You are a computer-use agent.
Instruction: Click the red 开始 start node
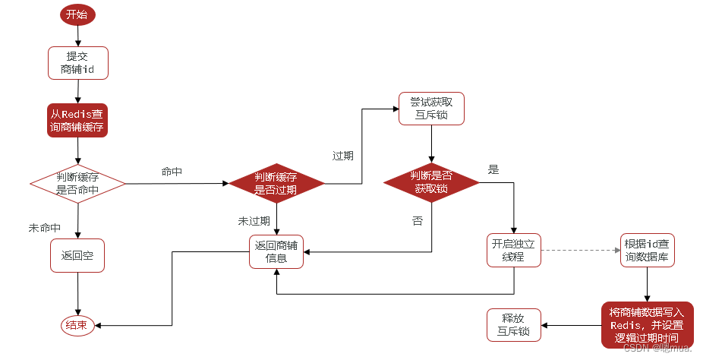click(77, 15)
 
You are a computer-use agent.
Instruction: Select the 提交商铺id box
click(77, 63)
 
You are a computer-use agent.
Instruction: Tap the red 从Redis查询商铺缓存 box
click(77, 120)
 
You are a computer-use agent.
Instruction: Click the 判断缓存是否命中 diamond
click(77, 184)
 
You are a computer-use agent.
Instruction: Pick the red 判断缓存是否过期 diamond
click(276, 184)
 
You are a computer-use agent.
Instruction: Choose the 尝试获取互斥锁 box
click(431, 109)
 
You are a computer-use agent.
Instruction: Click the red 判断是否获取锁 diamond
click(431, 182)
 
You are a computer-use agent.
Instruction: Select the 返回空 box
click(77, 255)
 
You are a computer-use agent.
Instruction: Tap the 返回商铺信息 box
click(276, 251)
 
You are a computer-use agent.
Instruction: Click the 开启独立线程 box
click(514, 250)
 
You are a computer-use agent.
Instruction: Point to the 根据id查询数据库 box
click(647, 250)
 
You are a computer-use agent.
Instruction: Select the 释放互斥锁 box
click(514, 325)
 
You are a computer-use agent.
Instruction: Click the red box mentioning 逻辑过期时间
click(647, 325)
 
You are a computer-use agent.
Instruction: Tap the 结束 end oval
click(77, 325)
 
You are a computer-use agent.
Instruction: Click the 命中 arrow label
click(172, 172)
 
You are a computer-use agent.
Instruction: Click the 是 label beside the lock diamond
click(493, 170)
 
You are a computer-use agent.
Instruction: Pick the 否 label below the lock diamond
click(417, 221)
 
